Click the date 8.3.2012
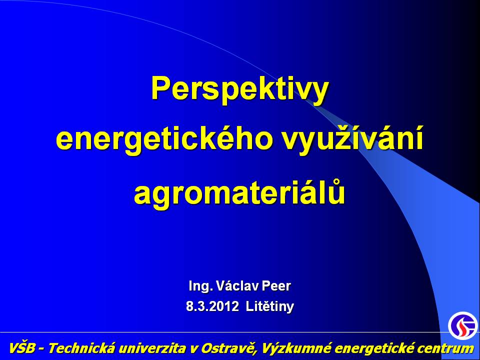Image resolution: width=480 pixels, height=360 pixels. pyautogui.click(x=212, y=306)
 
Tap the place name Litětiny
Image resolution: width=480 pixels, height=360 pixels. pyautogui.click(x=269, y=306)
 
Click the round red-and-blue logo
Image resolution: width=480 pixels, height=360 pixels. pyautogui.click(x=462, y=325)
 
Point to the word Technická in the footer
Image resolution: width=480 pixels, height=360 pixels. pyautogui.click(x=81, y=348)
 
